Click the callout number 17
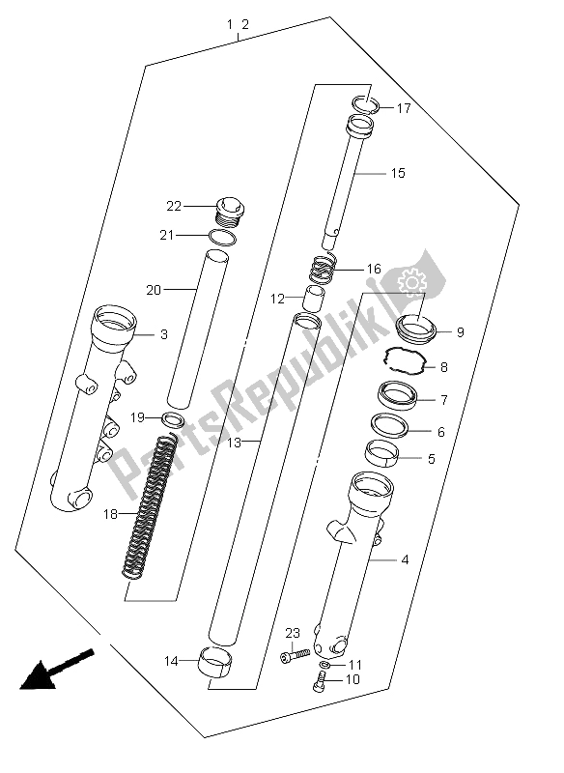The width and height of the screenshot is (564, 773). tap(404, 108)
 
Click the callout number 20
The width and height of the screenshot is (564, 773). tap(154, 290)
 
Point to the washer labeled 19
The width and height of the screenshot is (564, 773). tap(174, 420)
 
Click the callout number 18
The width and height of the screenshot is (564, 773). tap(110, 514)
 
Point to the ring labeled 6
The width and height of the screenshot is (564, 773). tap(389, 425)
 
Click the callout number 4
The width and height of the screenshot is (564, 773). tap(405, 560)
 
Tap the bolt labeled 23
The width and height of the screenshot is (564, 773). tap(295, 655)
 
